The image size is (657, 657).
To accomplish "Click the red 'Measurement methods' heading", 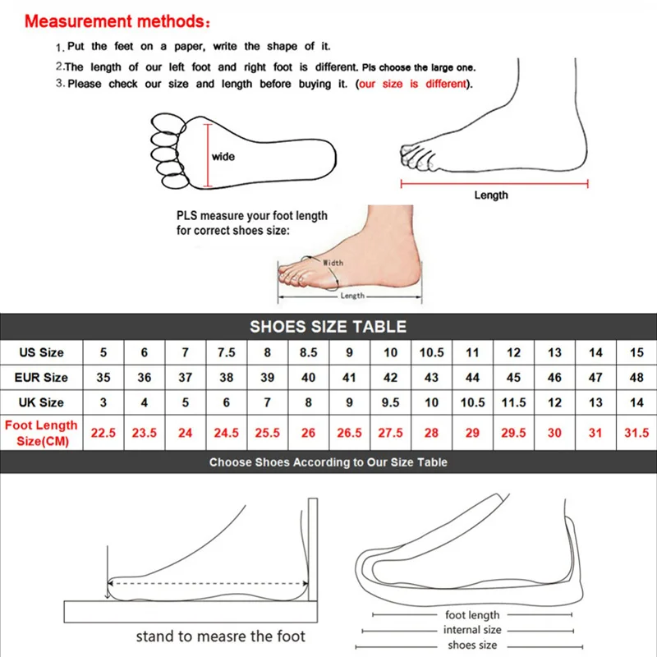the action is coord(117,21).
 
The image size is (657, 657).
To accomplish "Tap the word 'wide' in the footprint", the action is coord(223,157).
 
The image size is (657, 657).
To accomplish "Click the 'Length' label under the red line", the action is coord(491,195).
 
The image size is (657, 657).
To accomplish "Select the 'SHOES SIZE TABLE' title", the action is coord(328,326).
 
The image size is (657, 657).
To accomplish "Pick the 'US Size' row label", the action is coord(41,352).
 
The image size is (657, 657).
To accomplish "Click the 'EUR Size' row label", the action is coord(41,378).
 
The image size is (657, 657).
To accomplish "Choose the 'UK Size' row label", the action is coord(41,402).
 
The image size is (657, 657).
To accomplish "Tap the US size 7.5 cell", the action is coord(227,352).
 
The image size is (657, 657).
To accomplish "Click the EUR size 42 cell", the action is coord(390,378).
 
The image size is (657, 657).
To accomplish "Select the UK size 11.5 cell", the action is coord(513,402).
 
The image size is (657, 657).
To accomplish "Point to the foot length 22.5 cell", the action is coord(103,433).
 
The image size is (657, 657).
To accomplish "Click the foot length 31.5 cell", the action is coord(636,433).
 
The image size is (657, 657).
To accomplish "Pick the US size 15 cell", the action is coord(636,352).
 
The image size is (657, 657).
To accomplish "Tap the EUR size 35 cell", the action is coord(103,378).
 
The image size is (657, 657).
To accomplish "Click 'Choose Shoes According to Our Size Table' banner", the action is coord(328,462).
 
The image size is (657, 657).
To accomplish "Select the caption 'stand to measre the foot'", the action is coord(220,636).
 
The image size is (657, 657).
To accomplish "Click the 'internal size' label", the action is coord(472,630).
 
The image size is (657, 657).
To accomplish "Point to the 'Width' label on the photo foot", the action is coord(333,263).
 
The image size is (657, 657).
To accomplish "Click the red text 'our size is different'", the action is coord(412,84).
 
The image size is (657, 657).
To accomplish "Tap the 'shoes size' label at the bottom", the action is coord(472,645).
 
